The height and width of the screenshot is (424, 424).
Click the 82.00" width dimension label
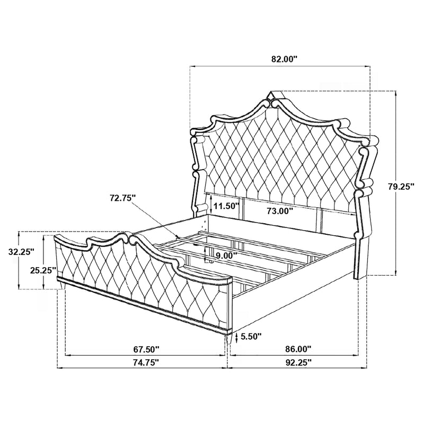280,59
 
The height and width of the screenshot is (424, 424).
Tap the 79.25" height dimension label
400,186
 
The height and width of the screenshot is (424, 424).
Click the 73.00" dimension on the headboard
280,211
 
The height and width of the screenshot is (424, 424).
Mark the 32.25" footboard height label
21,253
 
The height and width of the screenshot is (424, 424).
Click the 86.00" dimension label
298,349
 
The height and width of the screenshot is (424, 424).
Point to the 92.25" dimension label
298,363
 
